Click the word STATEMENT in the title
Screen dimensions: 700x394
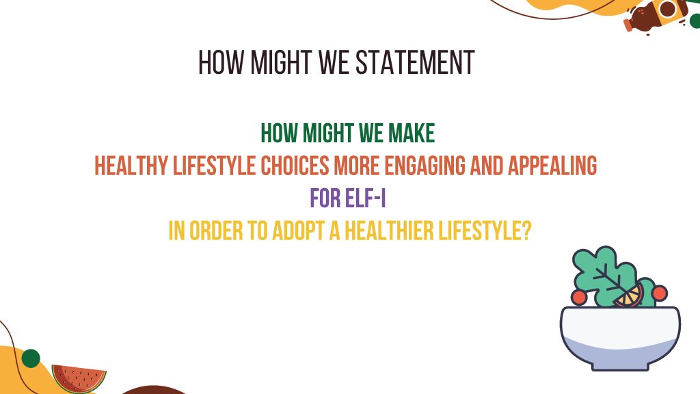(415, 62)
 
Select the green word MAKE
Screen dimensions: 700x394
(412, 133)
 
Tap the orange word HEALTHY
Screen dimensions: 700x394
(131, 166)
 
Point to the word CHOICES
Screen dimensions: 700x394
(295, 166)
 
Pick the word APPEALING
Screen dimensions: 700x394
(552, 166)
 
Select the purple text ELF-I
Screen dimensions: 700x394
(366, 198)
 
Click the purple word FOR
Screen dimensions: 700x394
(325, 198)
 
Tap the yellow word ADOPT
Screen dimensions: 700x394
(298, 231)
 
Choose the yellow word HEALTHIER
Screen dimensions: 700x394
(389, 231)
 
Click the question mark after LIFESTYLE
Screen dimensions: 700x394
(526, 231)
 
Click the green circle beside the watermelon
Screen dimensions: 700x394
(31, 358)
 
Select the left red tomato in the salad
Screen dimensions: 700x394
(578, 297)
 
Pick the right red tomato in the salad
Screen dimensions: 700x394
(659, 293)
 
